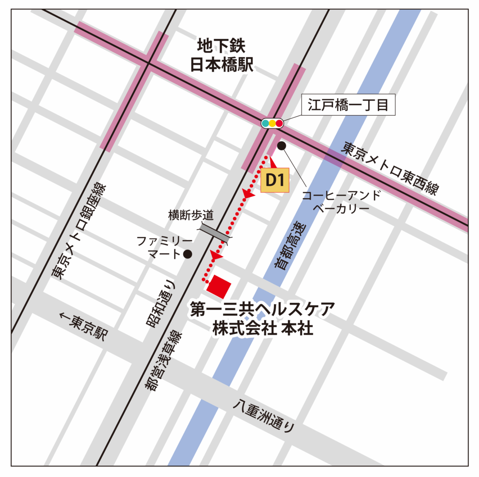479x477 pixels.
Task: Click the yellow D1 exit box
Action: pos(275,180)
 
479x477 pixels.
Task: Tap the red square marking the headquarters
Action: pos(219,286)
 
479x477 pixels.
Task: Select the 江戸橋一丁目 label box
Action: pos(348,105)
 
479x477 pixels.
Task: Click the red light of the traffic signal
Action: pos(279,123)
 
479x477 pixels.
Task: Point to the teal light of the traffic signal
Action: pos(265,123)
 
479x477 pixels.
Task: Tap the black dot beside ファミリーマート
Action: pos(188,254)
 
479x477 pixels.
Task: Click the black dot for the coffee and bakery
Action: pos(282,145)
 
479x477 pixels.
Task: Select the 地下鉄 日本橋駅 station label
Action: pos(221,55)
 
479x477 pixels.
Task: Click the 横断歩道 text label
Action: pos(191,215)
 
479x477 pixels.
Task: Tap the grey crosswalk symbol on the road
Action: pos(215,232)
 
